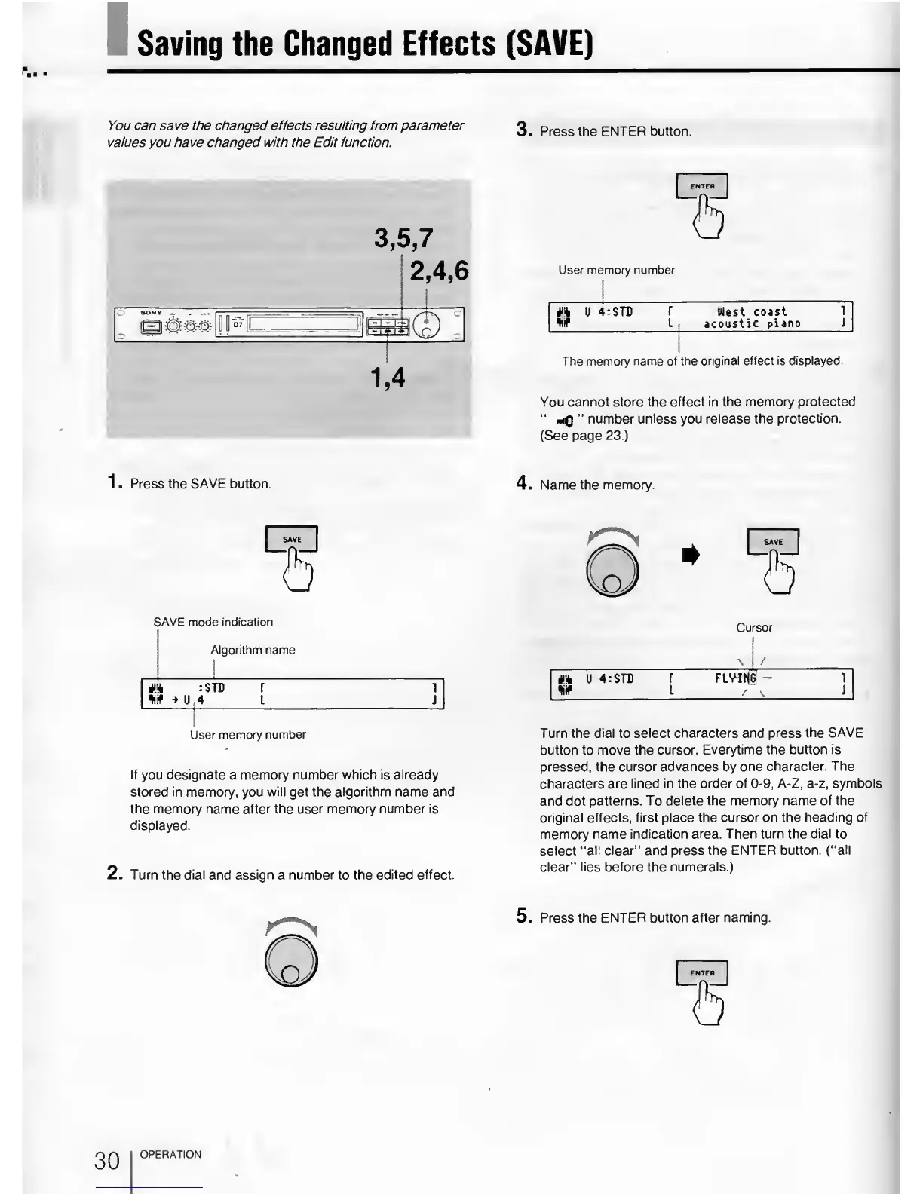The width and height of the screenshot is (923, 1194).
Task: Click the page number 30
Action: (107, 1160)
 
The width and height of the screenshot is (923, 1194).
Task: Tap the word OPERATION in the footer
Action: (171, 1154)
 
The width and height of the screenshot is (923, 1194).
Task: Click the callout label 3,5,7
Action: (403, 239)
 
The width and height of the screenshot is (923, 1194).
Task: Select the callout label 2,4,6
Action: (438, 270)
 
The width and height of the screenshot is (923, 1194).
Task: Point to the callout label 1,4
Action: (388, 376)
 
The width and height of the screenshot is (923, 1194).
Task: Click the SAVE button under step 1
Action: (292, 539)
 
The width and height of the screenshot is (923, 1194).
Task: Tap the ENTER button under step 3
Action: (702, 186)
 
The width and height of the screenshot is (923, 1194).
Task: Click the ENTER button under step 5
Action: (702, 973)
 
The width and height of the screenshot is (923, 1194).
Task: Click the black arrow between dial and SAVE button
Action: (689, 556)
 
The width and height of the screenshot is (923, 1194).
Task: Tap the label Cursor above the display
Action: (754, 627)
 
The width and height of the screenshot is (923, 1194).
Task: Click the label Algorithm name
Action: (253, 650)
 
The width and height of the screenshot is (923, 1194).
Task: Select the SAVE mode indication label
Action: (213, 622)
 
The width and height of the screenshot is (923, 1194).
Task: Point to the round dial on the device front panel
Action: (428, 325)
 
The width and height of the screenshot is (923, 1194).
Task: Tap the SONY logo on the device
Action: (152, 313)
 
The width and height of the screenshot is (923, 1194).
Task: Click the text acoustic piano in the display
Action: (752, 324)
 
